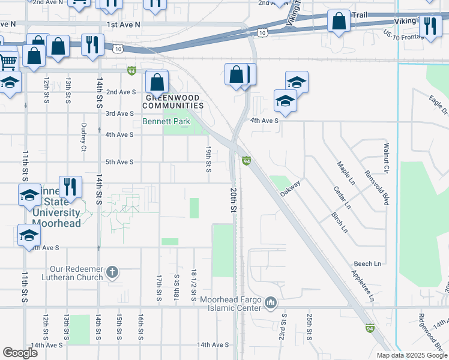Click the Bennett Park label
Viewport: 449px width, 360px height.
coord(166,121)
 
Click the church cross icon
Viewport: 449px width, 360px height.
coord(112,273)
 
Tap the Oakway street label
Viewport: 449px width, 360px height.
coord(290,188)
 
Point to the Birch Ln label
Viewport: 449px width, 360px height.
coord(339,222)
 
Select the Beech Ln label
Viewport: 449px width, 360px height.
coord(367,263)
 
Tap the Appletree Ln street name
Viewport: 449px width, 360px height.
coord(364,285)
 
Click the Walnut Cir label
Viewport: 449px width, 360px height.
coord(387,158)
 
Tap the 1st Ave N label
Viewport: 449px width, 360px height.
coord(124,25)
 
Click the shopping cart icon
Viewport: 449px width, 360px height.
coord(8,61)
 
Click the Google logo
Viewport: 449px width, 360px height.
coord(20,353)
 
